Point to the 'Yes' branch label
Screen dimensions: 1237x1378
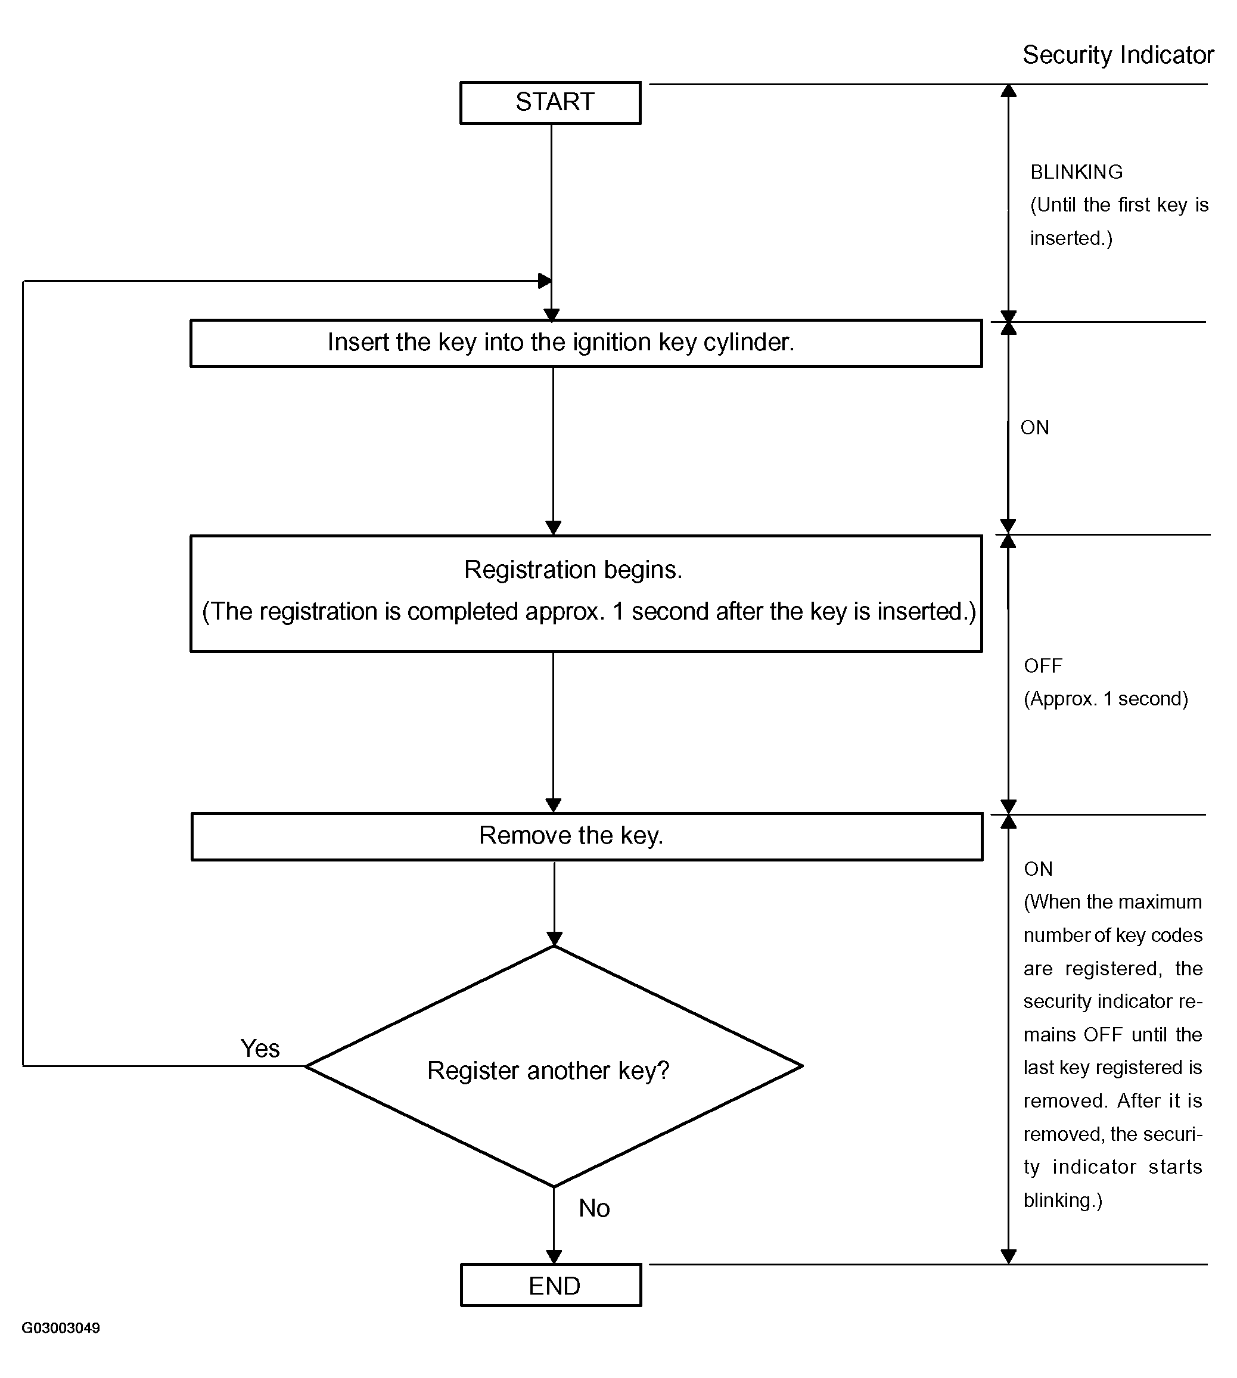pos(260,1049)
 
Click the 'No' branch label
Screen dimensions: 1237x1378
pos(594,1208)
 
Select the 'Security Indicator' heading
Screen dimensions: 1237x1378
pos(1118,55)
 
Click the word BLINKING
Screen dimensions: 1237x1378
pos(1076,172)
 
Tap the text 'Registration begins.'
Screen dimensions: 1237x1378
pos(573,570)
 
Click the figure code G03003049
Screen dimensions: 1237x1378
pos(61,1328)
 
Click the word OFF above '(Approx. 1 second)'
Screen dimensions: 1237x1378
pos(1043,666)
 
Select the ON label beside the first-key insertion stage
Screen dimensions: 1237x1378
pos(1034,427)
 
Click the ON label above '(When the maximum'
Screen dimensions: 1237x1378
pos(1038,869)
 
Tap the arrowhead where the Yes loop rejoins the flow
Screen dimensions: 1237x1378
pos(545,281)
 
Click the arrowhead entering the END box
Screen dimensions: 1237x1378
pos(554,1256)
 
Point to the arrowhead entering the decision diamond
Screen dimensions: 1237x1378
pos(554,939)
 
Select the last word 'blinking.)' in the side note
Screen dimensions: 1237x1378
pos(1062,1200)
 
